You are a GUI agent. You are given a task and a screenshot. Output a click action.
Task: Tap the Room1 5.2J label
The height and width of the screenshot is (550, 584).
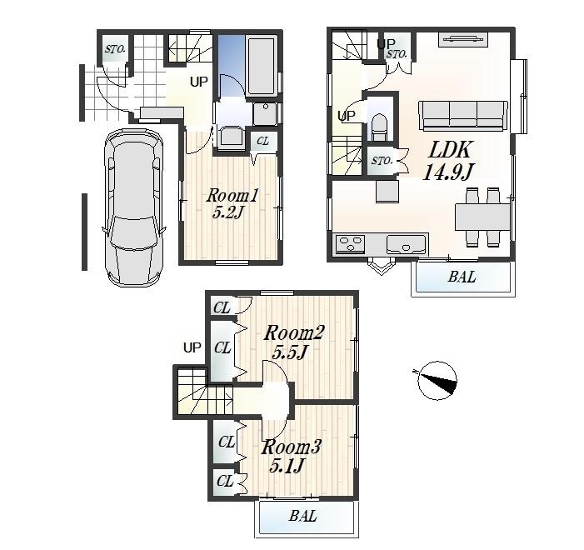(233, 203)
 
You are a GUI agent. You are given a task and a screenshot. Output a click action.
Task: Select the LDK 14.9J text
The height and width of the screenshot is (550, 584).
(450, 161)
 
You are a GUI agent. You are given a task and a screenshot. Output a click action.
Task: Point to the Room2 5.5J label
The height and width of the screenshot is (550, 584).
(293, 342)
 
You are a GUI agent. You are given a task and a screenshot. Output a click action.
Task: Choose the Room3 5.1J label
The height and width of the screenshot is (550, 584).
(291, 456)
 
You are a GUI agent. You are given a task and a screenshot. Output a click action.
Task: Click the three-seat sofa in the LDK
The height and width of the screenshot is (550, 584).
(463, 115)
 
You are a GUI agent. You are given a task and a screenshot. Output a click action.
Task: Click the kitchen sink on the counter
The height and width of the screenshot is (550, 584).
(406, 244)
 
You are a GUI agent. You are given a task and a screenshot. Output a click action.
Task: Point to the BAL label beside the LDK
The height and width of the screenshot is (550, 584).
(462, 277)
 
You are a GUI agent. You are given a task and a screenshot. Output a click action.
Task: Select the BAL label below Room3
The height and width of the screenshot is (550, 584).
(303, 517)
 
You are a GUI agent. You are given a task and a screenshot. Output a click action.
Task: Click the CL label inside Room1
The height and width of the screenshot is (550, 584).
(262, 142)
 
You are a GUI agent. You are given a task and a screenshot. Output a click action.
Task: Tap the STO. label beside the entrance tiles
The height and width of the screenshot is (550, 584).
(115, 49)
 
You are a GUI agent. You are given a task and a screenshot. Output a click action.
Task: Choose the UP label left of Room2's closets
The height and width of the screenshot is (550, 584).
(192, 347)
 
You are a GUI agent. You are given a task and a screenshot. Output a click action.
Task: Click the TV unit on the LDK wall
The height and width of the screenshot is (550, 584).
(459, 38)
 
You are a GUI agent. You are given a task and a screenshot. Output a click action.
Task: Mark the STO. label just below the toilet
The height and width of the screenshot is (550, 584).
(382, 161)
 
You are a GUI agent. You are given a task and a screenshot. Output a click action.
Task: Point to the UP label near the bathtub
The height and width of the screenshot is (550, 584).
(198, 82)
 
